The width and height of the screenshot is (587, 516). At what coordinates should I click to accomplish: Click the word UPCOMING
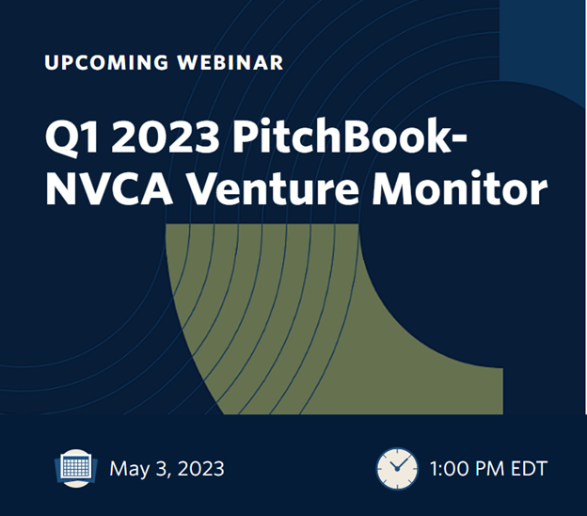[x=106, y=62]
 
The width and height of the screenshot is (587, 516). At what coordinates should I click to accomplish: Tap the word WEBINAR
[x=230, y=62]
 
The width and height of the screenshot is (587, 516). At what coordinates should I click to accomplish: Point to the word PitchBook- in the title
[x=350, y=135]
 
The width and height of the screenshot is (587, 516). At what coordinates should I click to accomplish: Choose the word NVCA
[x=109, y=189]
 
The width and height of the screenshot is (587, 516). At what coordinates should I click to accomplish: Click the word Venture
[x=273, y=189]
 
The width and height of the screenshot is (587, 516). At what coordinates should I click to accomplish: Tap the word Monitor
[x=460, y=187]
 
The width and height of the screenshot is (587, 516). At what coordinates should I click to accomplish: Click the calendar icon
[x=76, y=468]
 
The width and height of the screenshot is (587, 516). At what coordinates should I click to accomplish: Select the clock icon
[x=397, y=468]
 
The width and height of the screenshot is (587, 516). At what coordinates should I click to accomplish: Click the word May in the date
[x=130, y=469]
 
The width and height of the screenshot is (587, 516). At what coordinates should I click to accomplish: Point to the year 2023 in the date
[x=201, y=468]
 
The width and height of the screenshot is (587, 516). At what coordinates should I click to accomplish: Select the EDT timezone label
[x=530, y=468]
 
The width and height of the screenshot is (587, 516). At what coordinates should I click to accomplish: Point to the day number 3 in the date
[x=162, y=469]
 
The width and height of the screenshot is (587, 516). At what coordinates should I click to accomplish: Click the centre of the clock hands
[x=397, y=469]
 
